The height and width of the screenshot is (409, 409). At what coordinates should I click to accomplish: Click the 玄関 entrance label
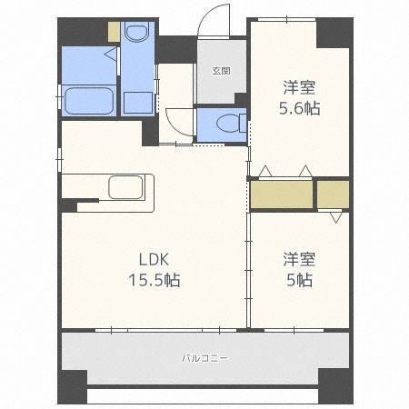[221, 70]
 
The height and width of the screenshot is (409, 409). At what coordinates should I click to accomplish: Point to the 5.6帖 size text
[299, 108]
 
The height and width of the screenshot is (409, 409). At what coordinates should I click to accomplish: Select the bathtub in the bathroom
[89, 100]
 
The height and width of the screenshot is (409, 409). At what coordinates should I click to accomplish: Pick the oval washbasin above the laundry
[137, 35]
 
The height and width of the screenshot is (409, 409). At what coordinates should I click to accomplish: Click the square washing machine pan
[138, 100]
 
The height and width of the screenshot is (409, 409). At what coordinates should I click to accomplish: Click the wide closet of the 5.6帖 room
[281, 195]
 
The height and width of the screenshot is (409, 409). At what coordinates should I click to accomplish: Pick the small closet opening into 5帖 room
[333, 195]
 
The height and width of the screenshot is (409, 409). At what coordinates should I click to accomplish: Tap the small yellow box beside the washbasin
[114, 32]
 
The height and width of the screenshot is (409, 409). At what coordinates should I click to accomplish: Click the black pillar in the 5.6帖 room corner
[333, 32]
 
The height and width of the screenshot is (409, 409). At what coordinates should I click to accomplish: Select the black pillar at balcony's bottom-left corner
[73, 385]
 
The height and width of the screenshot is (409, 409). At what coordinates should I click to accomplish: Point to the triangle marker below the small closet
[335, 216]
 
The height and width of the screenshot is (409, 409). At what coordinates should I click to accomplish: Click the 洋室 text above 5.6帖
[299, 87]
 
